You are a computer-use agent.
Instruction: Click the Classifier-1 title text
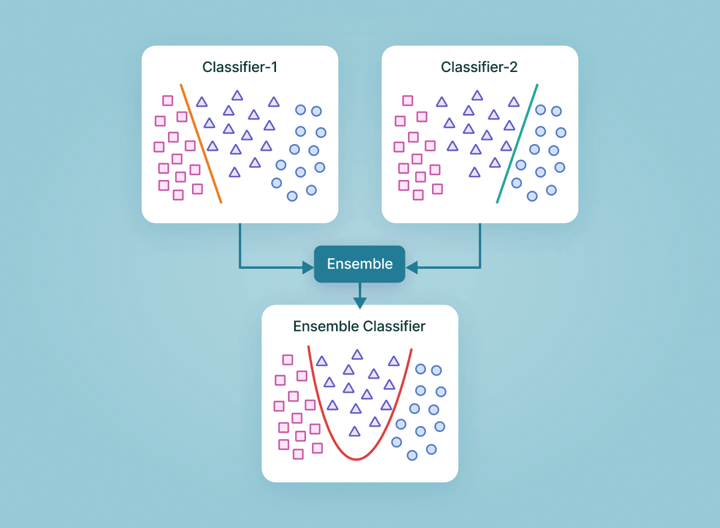point(239,67)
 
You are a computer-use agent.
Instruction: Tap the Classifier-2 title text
point(479,67)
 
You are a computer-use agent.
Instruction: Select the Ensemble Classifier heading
point(359,327)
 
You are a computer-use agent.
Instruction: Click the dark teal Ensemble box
point(359,264)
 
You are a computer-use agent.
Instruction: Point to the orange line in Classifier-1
point(201,143)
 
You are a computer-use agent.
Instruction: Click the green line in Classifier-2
point(517,143)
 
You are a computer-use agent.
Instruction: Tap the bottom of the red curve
point(358,459)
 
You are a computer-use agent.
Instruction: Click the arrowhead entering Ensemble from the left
point(308,268)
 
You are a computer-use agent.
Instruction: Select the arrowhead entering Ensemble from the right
point(411,268)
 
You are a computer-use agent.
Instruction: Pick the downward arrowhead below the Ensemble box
point(360,303)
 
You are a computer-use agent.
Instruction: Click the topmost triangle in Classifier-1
point(237,95)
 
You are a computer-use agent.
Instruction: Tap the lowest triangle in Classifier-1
point(234,173)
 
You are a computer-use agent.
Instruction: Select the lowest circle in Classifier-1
point(292,196)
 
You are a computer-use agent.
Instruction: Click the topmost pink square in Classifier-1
point(168,101)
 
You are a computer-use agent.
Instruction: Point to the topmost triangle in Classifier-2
point(477,95)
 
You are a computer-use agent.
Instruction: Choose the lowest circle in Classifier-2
point(532,196)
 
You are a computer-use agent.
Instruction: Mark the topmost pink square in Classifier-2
point(408,101)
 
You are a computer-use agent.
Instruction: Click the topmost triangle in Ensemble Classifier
point(357,355)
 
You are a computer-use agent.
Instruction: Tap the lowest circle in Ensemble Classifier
point(412,455)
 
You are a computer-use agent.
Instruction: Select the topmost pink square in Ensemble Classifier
point(288,360)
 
